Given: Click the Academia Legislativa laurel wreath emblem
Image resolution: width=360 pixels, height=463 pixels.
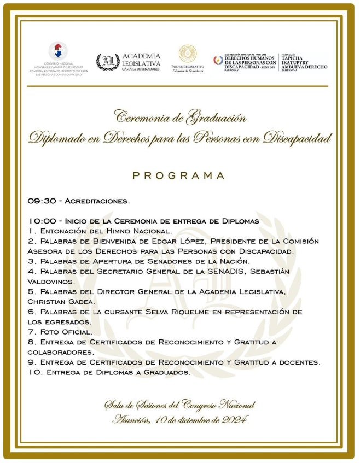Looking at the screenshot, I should click(x=108, y=62).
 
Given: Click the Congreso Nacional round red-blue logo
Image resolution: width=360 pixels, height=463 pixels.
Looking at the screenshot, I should click(x=59, y=50).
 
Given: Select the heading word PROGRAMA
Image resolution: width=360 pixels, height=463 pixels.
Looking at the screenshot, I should click(x=179, y=175).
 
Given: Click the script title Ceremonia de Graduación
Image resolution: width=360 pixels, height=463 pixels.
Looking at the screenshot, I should click(x=179, y=116).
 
